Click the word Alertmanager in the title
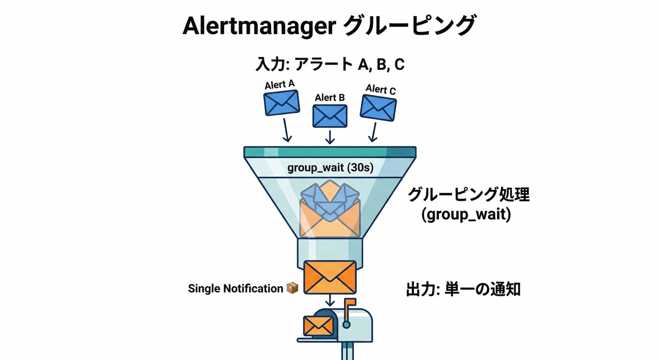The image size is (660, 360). coord(258,26)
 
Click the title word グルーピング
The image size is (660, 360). coord(409,26)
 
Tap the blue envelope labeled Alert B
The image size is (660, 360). coord(330,116)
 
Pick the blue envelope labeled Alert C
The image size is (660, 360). coord(378,108)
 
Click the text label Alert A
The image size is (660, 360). coord(280,84)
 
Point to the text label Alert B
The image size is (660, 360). coord(330,97)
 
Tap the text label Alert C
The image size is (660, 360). coord(381,89)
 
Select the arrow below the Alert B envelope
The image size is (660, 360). coord(330,136)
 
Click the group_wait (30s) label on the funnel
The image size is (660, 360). coord(330,167)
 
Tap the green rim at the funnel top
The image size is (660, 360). coord(330,152)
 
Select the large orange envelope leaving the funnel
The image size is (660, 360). coord(330,277)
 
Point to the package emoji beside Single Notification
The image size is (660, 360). coord(292,288)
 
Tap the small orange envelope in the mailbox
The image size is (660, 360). coord(318,326)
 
